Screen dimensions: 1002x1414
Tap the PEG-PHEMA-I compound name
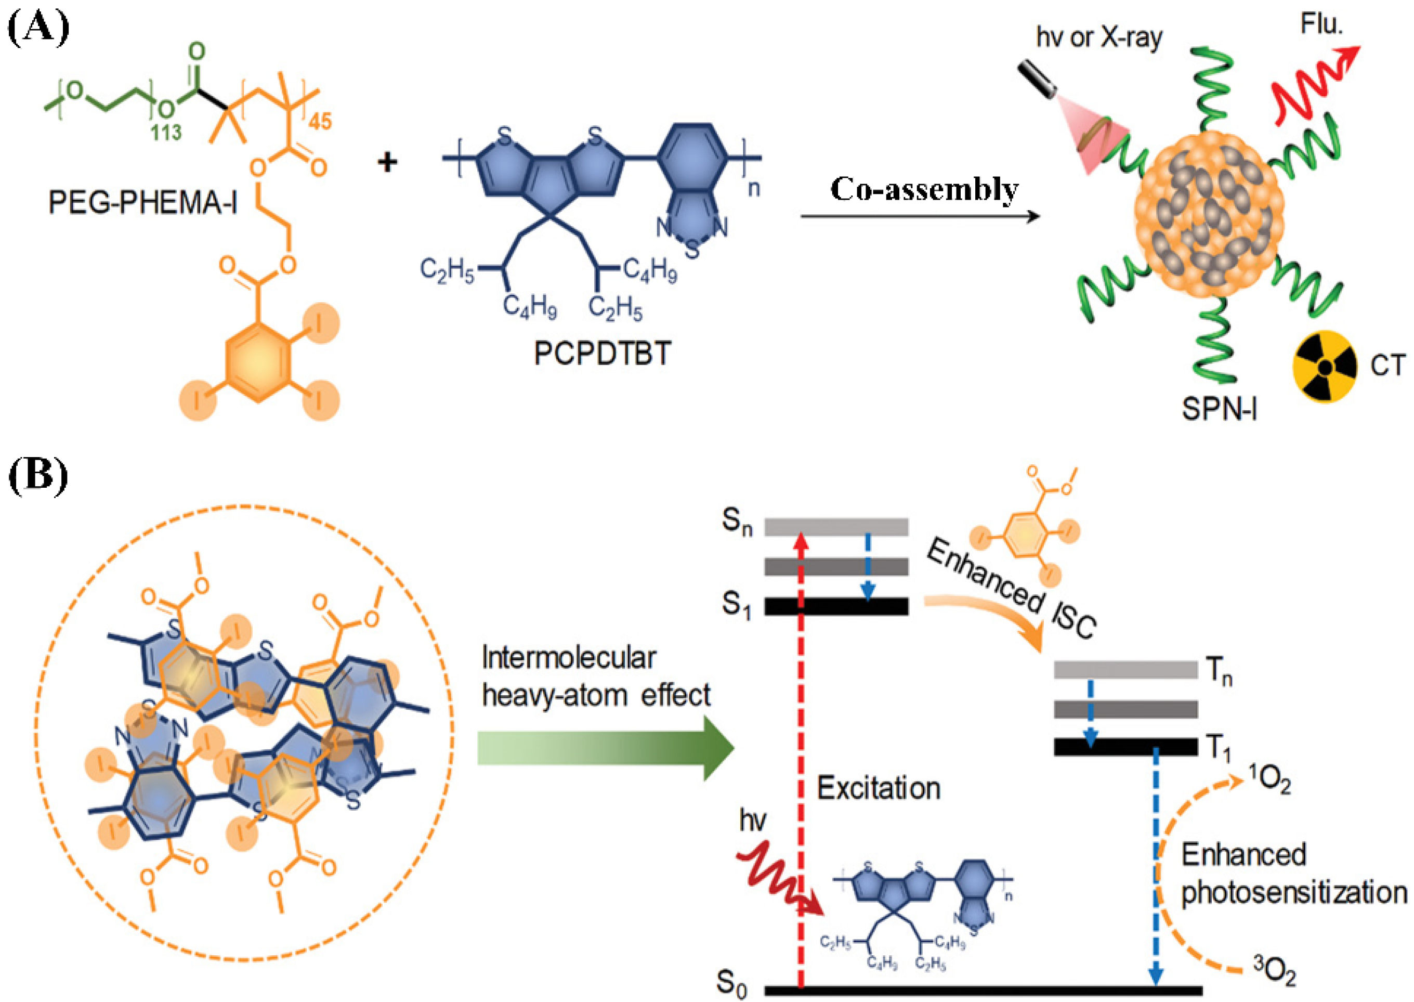[x=142, y=202]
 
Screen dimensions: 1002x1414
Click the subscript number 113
[x=165, y=132]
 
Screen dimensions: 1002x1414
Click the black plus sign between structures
[x=387, y=162]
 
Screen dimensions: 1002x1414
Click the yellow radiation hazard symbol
[x=1325, y=367]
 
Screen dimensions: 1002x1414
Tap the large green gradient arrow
[x=604, y=749]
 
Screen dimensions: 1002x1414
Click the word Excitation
[x=878, y=788]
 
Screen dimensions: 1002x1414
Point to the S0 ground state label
[x=732, y=983]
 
